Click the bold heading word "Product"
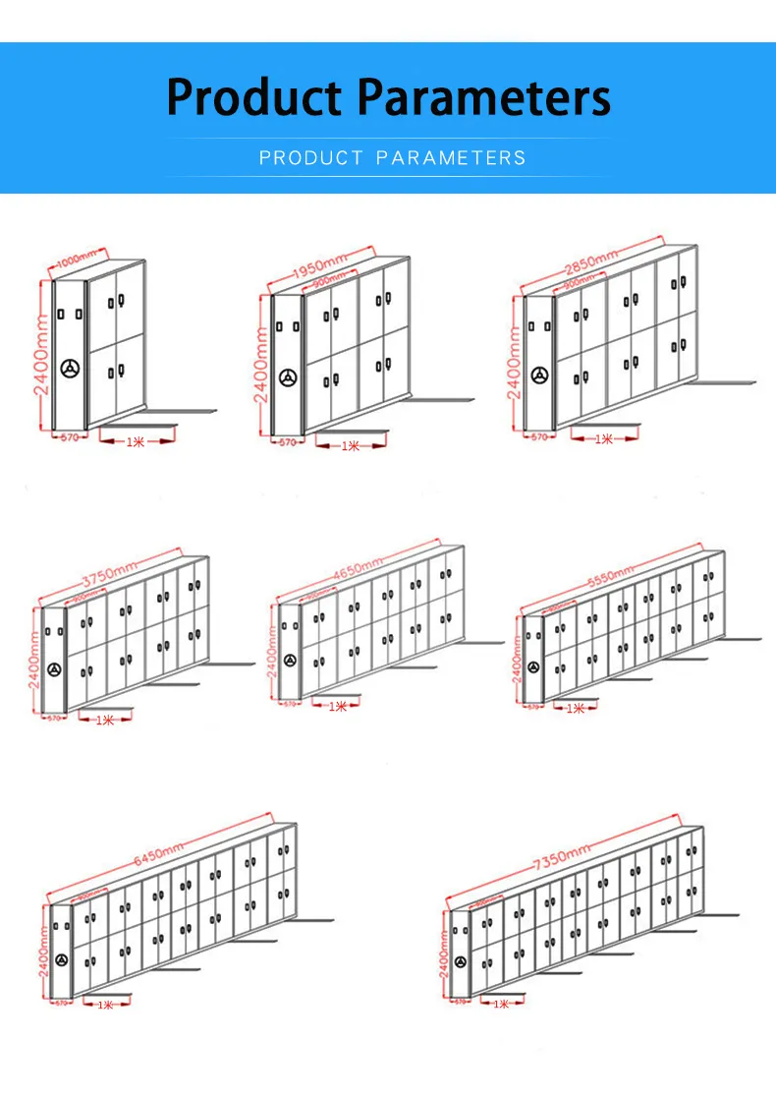pos(255,97)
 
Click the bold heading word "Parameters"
pos(482,97)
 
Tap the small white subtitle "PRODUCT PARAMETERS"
pos(392,157)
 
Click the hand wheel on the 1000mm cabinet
pos(69,370)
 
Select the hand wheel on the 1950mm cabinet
pos(287,377)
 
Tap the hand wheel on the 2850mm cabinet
pos(539,375)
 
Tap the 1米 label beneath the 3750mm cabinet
pos(105,720)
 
